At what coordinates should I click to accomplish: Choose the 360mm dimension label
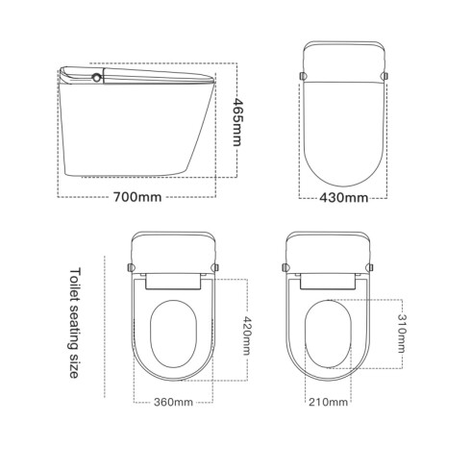click(x=171, y=401)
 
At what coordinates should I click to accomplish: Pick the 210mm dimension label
click(x=328, y=401)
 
